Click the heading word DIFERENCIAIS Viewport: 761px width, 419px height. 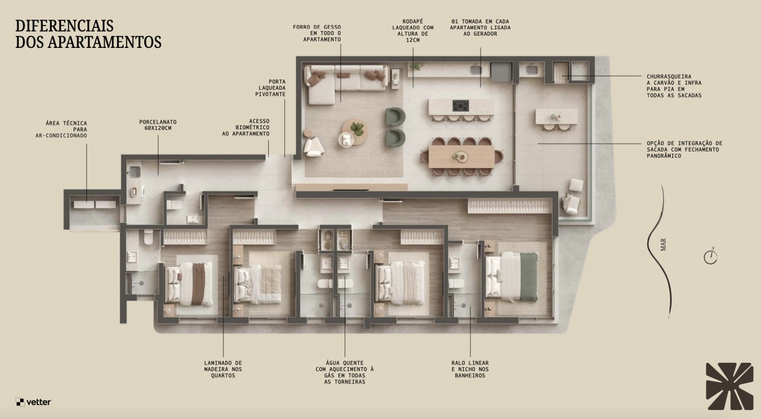[x=64, y=26]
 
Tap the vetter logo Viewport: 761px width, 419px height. [x=33, y=402]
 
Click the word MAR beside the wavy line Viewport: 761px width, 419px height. [x=663, y=245]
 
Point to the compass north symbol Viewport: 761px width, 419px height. [x=710, y=256]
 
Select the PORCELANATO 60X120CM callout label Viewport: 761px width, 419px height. [x=158, y=125]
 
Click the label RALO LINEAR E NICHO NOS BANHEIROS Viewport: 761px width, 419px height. [x=470, y=369]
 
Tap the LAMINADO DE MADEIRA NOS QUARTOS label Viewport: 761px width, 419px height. [x=223, y=369]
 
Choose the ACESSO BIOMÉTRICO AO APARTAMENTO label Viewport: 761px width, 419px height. [x=246, y=128]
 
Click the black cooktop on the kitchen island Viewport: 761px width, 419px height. [x=461, y=106]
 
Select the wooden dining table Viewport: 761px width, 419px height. [x=462, y=157]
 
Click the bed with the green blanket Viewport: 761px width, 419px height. [x=512, y=276]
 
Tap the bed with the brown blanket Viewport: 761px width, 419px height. [x=189, y=284]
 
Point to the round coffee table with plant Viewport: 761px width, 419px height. [x=355, y=131]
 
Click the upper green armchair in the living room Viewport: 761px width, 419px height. [x=395, y=116]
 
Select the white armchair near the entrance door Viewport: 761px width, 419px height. [x=313, y=147]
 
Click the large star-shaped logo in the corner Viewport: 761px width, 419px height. [x=729, y=386]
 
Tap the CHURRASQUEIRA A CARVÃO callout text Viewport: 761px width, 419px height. [x=674, y=86]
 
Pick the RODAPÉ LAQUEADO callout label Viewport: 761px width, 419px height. [x=413, y=31]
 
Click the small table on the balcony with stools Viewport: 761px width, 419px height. [x=556, y=116]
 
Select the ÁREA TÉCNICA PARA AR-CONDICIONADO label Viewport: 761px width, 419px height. [x=61, y=129]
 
